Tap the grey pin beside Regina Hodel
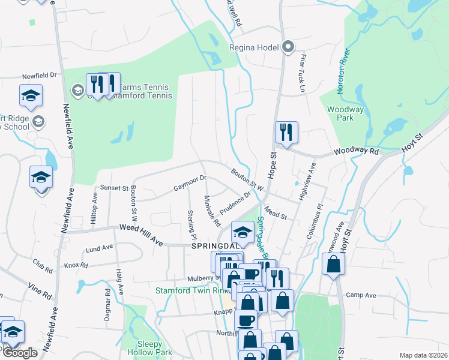(x=288, y=46)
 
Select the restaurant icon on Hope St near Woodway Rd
(x=286, y=133)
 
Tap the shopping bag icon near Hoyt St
(x=333, y=264)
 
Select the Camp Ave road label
(x=361, y=295)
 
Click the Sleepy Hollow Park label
(x=142, y=348)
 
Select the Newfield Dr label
(x=39, y=76)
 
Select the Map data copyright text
(x=423, y=355)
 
